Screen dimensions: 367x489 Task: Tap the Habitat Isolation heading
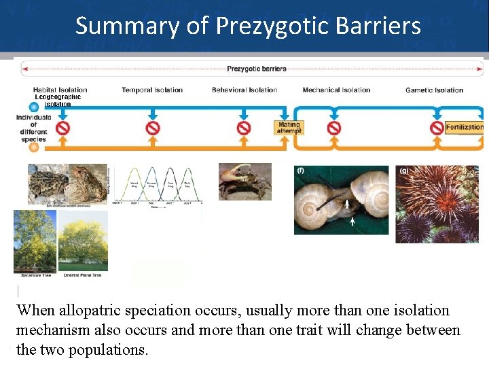(60, 90)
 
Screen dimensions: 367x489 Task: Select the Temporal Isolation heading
(152, 90)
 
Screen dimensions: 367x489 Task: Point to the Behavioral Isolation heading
(244, 90)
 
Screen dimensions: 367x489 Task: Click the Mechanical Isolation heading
(336, 90)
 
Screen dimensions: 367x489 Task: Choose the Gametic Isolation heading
(434, 90)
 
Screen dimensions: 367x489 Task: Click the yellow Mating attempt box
(289, 128)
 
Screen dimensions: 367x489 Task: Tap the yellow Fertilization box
(465, 127)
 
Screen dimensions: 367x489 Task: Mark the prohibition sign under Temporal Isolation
(153, 128)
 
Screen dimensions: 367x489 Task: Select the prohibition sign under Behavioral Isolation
(244, 128)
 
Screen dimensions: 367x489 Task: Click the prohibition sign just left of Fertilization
(437, 128)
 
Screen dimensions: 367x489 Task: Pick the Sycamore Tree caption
(35, 275)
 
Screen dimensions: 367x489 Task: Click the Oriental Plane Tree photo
(83, 241)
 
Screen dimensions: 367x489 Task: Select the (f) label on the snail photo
(300, 171)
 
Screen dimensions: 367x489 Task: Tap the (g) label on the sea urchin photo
(403, 171)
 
